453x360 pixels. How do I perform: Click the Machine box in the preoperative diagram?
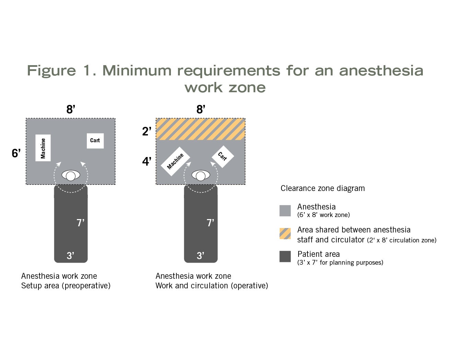click(x=43, y=148)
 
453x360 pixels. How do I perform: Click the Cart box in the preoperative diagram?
click(x=95, y=141)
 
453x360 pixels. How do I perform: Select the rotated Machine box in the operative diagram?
click(x=175, y=161)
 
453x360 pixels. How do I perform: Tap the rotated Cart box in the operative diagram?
click(x=222, y=156)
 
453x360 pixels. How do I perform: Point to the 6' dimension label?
click(x=16, y=153)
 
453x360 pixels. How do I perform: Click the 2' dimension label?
click(x=147, y=131)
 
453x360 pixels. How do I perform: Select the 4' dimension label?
click(x=147, y=161)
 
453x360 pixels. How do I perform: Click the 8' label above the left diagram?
click(x=71, y=109)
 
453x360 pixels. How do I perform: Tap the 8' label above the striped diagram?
click(x=201, y=109)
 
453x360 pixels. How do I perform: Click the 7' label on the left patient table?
click(x=80, y=223)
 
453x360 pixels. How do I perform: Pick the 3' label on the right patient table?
click(x=200, y=255)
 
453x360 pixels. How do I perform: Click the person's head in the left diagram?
click(x=71, y=176)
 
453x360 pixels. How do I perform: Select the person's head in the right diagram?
click(x=201, y=176)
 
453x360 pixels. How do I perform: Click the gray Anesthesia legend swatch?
click(x=285, y=211)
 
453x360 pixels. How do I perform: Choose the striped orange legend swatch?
click(x=285, y=233)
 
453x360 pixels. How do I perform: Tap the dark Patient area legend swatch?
click(x=285, y=256)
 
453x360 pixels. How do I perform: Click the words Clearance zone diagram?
click(x=323, y=188)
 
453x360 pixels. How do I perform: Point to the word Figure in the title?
click(x=51, y=71)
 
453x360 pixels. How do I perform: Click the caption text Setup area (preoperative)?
click(x=66, y=286)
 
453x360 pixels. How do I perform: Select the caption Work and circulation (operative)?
click(x=211, y=286)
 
